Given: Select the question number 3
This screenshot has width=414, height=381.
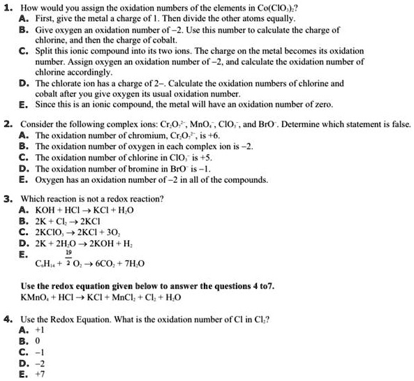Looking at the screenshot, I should click(x=6, y=198).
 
